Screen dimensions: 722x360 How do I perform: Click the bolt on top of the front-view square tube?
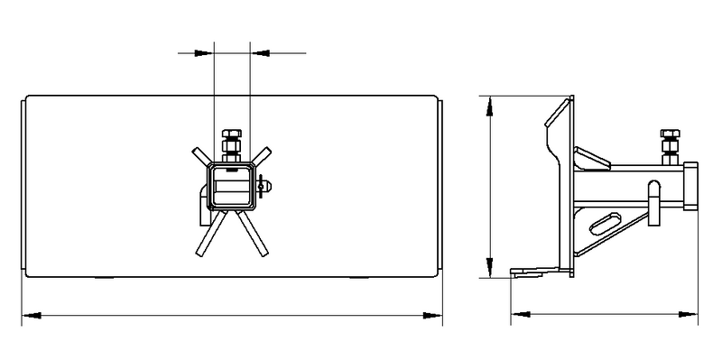232,144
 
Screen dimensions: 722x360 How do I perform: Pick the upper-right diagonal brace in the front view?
262,156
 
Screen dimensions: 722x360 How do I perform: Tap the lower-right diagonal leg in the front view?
258,235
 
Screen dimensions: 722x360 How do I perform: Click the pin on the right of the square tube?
265,188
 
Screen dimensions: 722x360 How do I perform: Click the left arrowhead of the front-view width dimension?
26,315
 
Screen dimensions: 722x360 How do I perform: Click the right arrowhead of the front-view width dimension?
437,315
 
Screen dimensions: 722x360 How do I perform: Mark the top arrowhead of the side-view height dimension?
489,99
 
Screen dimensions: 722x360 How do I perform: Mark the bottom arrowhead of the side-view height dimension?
489,272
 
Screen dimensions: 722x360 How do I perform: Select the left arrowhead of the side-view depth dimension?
517,315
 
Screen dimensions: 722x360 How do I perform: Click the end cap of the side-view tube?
692,185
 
